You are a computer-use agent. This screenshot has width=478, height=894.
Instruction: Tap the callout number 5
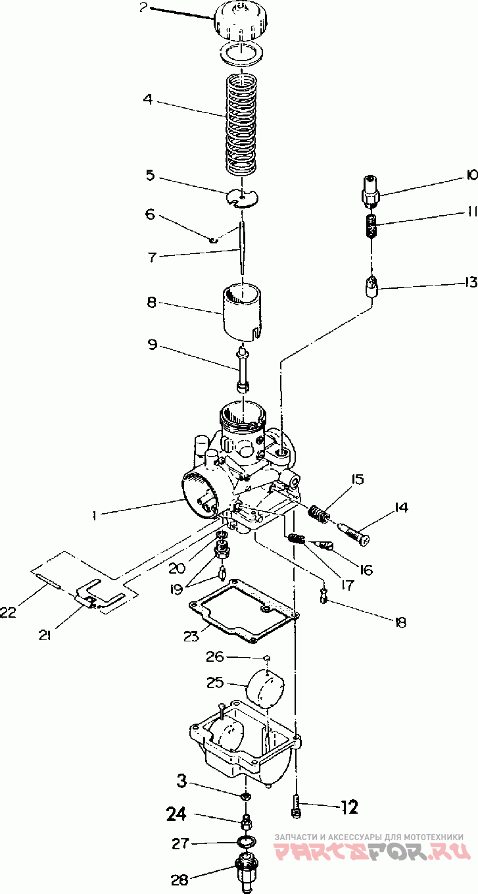click(x=150, y=176)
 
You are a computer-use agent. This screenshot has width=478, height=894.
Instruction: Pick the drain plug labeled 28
click(x=245, y=872)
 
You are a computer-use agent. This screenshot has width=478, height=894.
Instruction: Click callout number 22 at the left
click(x=9, y=612)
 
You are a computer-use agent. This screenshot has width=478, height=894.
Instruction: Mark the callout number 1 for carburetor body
click(x=94, y=516)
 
